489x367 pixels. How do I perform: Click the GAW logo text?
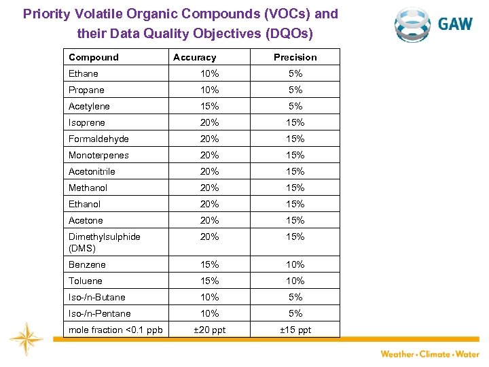455,24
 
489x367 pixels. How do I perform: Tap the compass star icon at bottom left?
26,337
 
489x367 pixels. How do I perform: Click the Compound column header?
93,58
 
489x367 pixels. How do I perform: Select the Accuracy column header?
194,58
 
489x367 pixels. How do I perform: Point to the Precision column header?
295,58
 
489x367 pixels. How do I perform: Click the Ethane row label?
84,73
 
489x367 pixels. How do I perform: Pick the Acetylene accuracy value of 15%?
209,106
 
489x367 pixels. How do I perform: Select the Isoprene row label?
87,122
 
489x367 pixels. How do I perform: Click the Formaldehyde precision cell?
295,139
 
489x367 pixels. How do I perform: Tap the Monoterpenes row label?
98,155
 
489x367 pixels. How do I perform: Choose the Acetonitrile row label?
92,171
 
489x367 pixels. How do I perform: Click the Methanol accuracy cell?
209,188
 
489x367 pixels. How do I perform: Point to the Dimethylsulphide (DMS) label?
104,242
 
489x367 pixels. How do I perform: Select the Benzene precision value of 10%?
295,264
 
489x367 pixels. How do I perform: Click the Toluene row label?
86,281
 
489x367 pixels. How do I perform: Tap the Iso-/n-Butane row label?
97,297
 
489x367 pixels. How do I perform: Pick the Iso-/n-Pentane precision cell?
295,313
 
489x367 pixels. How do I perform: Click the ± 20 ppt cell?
209,330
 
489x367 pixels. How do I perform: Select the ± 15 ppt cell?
295,330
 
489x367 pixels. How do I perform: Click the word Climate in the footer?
435,354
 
